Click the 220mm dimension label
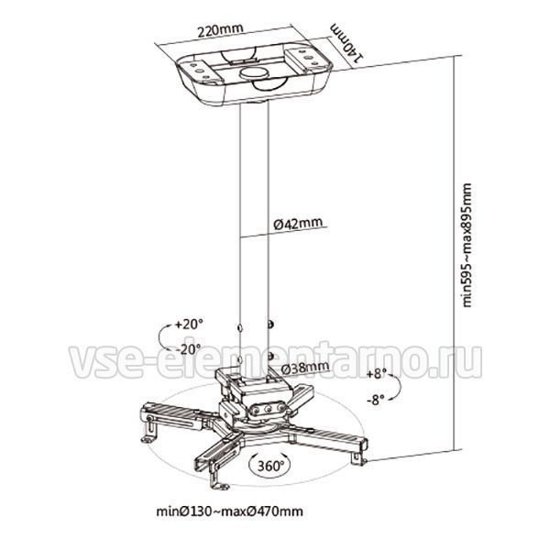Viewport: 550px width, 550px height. (221, 30)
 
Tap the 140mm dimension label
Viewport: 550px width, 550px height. (346, 42)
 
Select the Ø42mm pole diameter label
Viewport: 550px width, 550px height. (298, 224)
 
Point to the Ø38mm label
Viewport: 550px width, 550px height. (305, 368)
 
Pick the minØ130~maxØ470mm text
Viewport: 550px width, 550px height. (230, 511)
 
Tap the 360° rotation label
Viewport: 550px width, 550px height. (270, 466)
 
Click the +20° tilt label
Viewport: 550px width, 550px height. (190, 324)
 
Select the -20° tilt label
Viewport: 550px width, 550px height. (189, 348)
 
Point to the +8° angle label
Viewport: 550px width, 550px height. (377, 374)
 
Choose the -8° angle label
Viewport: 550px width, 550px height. (375, 400)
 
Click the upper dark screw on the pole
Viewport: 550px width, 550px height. (270, 324)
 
